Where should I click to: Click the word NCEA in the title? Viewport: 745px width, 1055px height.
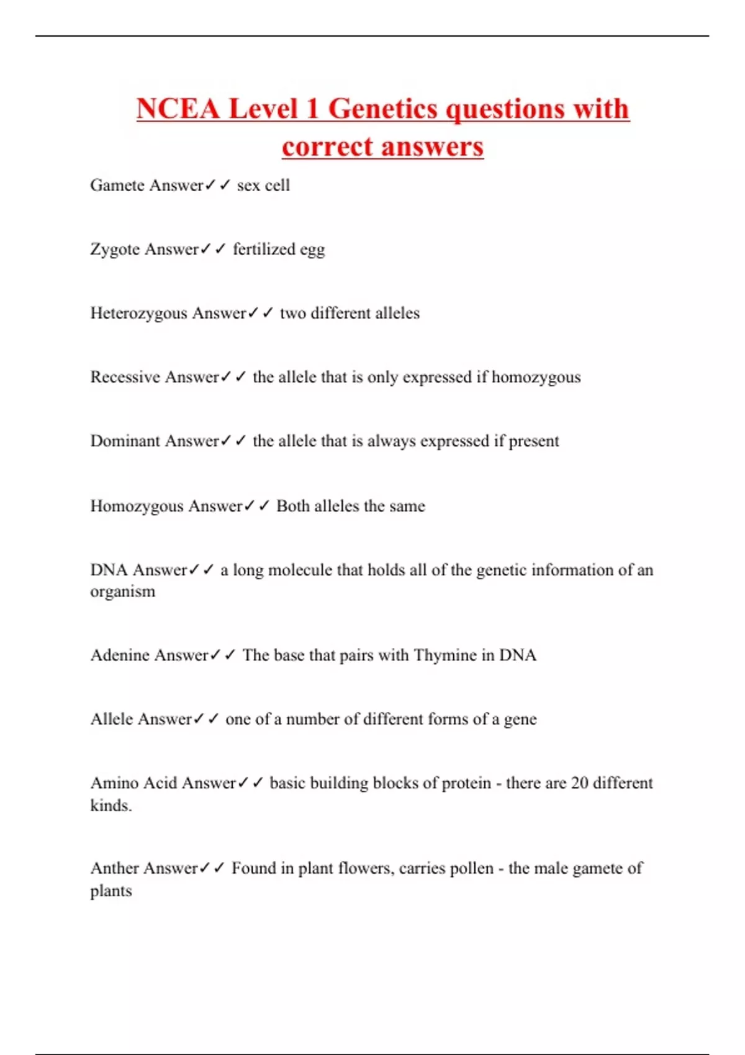click(x=178, y=109)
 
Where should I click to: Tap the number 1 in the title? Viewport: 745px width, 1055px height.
click(x=312, y=109)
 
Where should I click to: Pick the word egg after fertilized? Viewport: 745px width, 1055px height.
click(x=312, y=250)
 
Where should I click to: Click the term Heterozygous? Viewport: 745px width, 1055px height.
click(x=138, y=313)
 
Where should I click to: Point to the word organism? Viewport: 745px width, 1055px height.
click(x=123, y=591)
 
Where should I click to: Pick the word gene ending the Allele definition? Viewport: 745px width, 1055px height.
click(x=520, y=720)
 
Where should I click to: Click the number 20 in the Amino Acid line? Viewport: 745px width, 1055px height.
click(x=579, y=783)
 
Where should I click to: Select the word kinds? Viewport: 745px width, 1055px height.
click(x=111, y=806)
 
